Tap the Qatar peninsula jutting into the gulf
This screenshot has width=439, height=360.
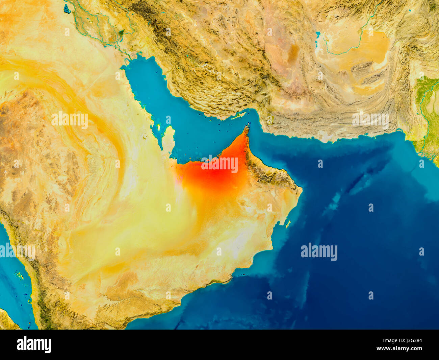coord(168,139)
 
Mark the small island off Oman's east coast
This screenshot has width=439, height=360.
coord(288,223)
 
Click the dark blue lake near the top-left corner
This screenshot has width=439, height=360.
coord(67,9)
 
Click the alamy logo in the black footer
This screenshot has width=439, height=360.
coord(34,344)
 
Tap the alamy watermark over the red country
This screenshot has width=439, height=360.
coord(219,164)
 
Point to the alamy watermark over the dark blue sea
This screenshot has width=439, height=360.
coord(319,252)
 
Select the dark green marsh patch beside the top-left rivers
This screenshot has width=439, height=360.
coord(121,33)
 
